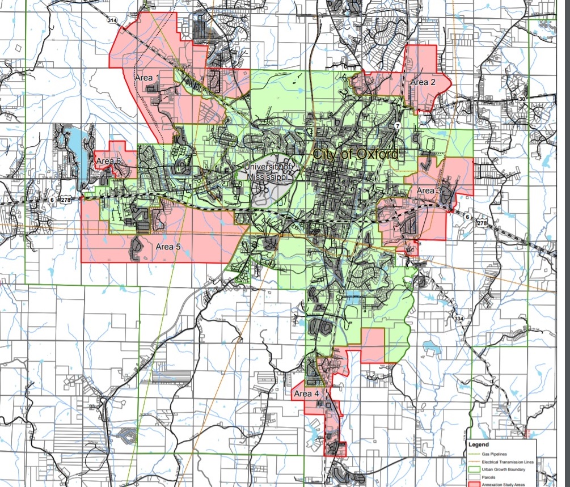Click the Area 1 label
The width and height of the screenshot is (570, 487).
pos(147,77)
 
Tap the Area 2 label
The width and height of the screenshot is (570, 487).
pos(423,82)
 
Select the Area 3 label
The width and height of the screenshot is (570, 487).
pos(429,190)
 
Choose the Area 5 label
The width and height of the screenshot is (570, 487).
pos(168,247)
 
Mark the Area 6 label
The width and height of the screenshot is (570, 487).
pos(108,162)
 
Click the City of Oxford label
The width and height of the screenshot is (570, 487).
pos(356,154)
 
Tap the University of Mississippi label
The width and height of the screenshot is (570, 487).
pos(269,171)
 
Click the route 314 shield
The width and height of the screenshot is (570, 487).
pos(112,19)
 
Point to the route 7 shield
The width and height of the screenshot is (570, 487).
pos(398,125)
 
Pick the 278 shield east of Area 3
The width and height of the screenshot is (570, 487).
pos(483,224)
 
